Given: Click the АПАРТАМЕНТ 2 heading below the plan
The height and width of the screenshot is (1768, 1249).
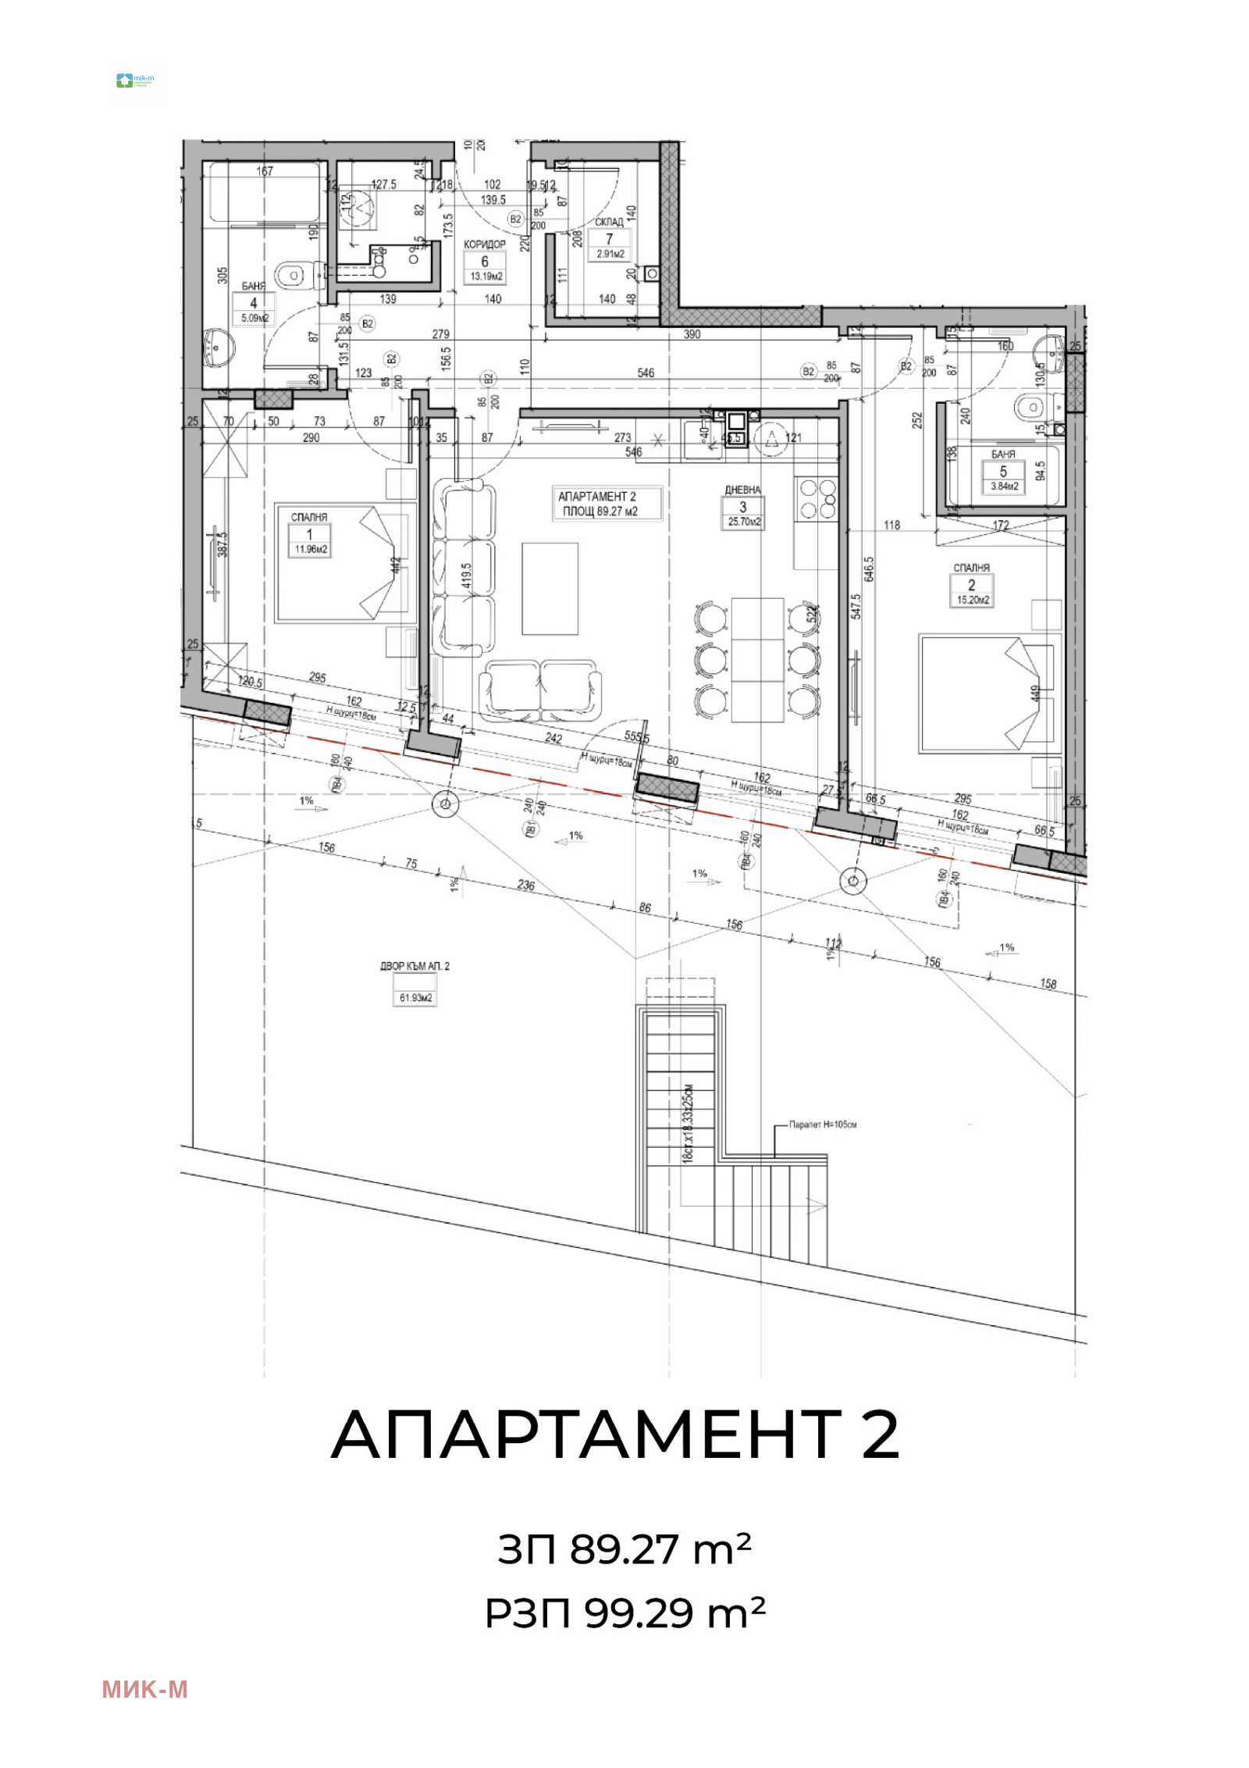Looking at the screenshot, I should point(615,1435).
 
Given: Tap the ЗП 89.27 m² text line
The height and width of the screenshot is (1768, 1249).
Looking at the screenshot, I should point(624,1549).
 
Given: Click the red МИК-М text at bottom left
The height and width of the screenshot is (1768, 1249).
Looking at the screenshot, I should point(144,1690).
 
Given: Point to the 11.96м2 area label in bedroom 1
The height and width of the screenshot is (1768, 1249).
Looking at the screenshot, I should point(310,549).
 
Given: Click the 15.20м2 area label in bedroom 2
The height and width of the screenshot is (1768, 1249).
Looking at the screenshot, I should point(972,600).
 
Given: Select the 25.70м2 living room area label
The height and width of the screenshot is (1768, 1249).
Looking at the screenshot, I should point(743,522).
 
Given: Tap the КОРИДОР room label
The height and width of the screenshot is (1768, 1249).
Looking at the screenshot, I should point(484,244).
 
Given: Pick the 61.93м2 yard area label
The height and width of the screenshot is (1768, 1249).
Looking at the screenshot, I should point(415,998).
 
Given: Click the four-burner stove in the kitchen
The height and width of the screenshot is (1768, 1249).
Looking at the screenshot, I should point(817,499).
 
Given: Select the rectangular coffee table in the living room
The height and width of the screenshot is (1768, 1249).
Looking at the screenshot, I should point(550,589).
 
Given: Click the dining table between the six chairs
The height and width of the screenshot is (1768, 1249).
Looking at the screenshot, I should point(757,660).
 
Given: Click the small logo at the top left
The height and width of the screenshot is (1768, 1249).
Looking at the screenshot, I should point(137,80).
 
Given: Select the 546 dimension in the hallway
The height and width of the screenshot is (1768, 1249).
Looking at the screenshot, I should point(646,372).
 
